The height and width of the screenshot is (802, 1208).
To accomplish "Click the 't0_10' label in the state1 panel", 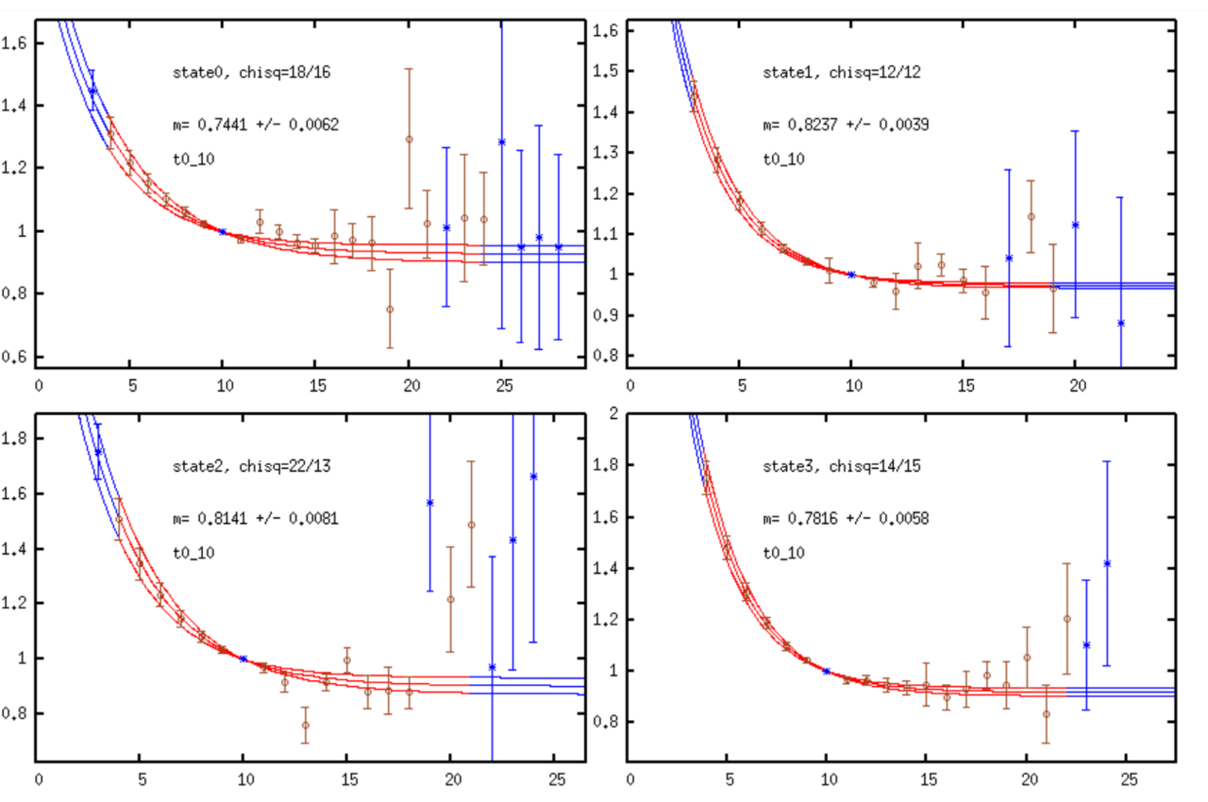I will [784, 159].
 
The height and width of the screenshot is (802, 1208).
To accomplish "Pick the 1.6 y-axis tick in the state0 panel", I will [16, 43].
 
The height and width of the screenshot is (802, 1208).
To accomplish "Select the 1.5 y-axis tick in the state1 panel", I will [608, 72].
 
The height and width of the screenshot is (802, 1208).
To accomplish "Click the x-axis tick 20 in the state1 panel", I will [1075, 384].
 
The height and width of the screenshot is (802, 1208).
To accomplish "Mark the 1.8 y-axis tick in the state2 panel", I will [16, 439].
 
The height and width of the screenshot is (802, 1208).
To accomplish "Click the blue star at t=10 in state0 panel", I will [223, 231].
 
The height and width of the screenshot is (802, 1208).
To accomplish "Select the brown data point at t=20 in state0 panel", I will [409, 139].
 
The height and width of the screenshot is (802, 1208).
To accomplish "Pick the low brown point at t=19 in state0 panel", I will [390, 309].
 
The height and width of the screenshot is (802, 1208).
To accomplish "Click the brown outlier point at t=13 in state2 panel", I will [305, 725].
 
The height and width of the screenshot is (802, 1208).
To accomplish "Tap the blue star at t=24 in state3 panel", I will [1107, 563].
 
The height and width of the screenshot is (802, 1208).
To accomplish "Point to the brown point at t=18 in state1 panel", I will [1031, 216].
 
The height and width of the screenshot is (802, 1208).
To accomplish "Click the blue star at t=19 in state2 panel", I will [429, 503].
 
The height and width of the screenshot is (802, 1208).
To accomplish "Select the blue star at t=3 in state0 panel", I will [92, 91].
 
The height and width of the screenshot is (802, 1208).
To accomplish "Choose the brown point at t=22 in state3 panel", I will [1066, 619].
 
